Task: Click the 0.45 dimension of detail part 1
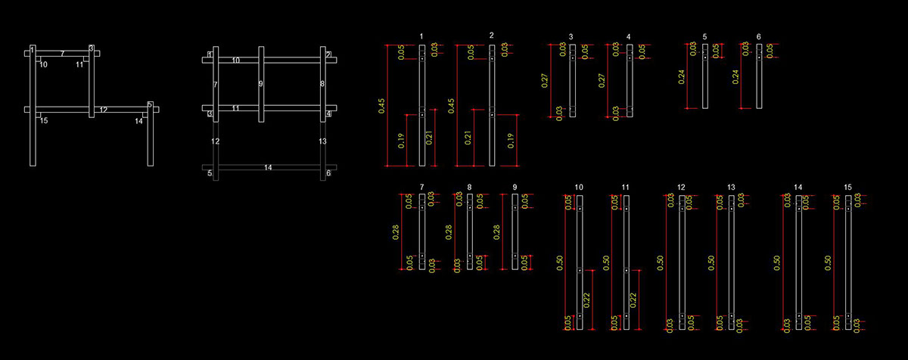381,104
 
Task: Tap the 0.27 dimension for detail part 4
603,81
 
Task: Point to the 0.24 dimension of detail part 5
683,76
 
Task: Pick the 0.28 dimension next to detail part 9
498,231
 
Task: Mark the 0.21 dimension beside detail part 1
430,137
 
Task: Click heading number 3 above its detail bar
571,36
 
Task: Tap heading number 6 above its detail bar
759,36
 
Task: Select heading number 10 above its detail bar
579,187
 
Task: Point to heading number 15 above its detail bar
848,187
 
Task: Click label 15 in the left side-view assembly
44,120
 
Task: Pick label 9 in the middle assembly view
260,84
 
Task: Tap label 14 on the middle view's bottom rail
268,167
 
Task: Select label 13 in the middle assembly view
322,141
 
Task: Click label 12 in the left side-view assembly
104,110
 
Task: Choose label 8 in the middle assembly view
322,84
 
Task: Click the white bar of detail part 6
759,76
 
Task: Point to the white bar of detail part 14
798,262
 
